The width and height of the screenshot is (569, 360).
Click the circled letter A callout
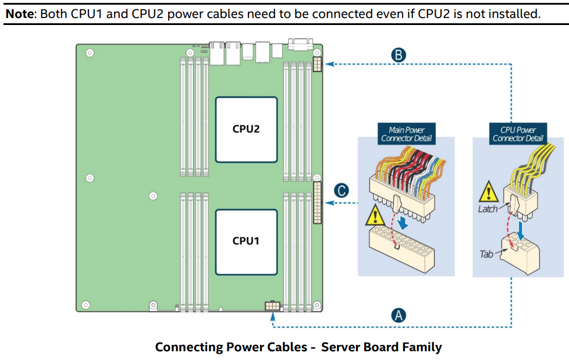point(399,316)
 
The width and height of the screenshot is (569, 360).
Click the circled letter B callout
point(399,55)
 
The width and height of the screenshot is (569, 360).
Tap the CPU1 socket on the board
point(246,241)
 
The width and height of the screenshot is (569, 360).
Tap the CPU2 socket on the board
point(246,129)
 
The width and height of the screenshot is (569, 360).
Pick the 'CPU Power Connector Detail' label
point(518,134)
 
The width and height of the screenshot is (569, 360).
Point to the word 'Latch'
point(488,209)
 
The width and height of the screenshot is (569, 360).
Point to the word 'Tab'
point(486,254)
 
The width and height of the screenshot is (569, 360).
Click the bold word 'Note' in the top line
point(20,13)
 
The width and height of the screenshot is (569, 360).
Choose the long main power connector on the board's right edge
point(317,202)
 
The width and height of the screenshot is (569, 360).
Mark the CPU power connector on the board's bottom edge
point(272,306)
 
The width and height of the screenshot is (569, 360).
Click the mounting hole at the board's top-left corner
point(89,53)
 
